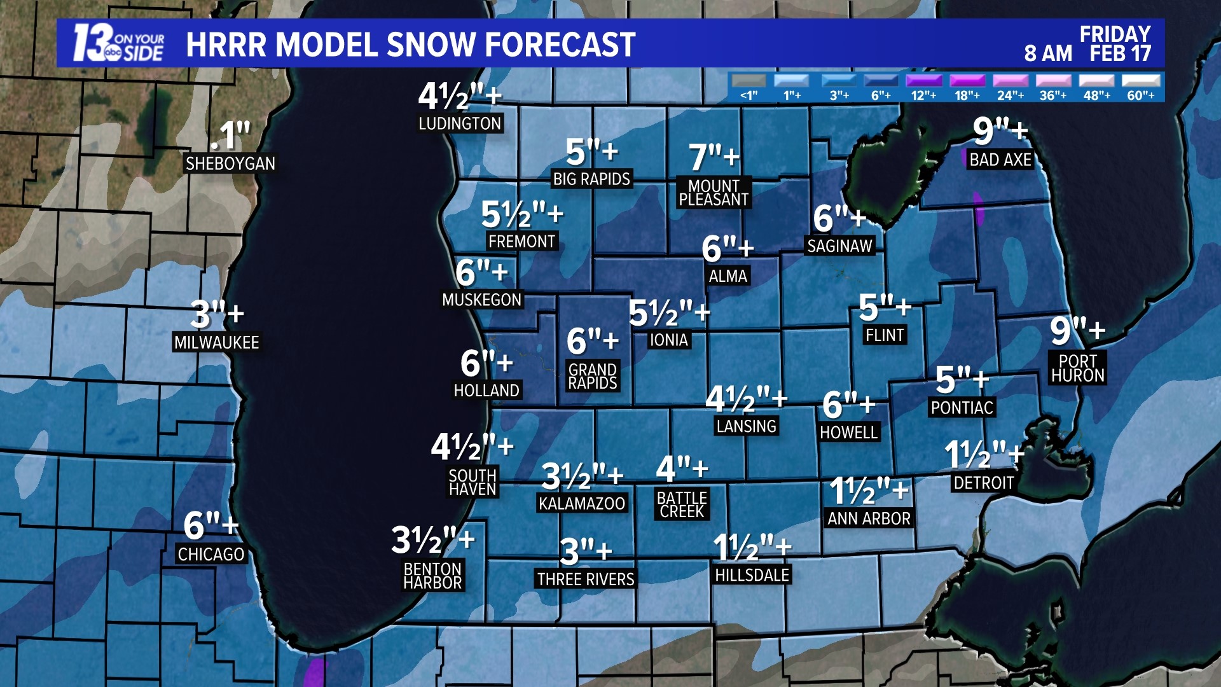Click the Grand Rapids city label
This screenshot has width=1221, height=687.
[x=592, y=377]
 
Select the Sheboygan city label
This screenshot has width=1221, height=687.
[x=230, y=163]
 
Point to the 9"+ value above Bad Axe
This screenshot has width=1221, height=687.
[x=1000, y=131]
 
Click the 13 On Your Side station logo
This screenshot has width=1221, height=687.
[x=118, y=43]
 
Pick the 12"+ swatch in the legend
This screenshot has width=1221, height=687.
[x=923, y=81]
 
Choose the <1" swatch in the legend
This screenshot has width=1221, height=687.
[x=748, y=81]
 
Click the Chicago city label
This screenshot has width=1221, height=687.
[x=210, y=555]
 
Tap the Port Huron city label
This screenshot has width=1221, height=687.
[x=1077, y=368]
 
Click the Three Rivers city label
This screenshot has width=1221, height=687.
[x=585, y=579]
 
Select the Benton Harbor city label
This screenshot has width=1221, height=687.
[x=432, y=576]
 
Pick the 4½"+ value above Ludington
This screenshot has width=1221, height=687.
[x=459, y=97]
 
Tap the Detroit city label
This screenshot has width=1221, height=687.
[x=983, y=483]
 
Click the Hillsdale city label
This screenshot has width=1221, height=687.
[x=752, y=575]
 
